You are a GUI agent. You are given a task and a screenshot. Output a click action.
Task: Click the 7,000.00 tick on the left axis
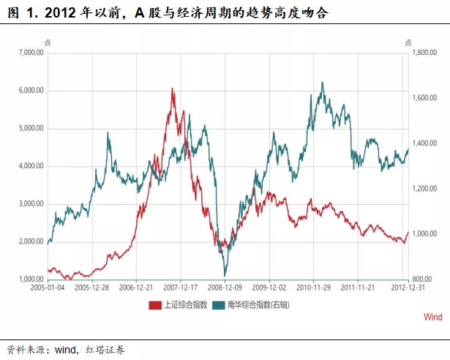(31, 53)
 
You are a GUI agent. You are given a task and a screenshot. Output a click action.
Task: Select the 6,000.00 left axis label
(31, 91)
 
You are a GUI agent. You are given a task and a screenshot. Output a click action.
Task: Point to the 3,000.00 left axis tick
(31, 203)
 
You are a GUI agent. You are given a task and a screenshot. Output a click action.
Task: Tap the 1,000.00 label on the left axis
(31, 279)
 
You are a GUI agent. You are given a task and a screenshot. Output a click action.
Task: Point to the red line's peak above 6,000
(172, 88)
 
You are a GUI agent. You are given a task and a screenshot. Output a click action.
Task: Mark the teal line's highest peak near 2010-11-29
(323, 82)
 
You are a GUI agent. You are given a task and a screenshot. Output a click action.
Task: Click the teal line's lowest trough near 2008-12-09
(225, 275)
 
